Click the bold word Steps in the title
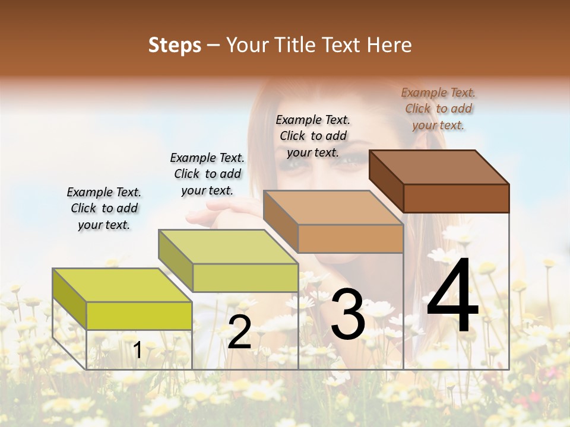click(x=175, y=45)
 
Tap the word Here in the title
click(x=389, y=45)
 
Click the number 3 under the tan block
click(x=348, y=314)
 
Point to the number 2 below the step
click(x=239, y=333)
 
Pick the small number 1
click(x=138, y=350)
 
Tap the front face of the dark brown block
click(x=456, y=198)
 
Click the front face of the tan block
click(x=350, y=239)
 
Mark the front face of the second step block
click(x=245, y=278)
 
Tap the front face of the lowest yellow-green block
click(x=139, y=316)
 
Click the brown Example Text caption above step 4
click(x=438, y=109)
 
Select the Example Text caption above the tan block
click(x=313, y=136)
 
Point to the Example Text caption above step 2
click(x=207, y=174)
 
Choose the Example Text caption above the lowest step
click(x=104, y=208)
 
